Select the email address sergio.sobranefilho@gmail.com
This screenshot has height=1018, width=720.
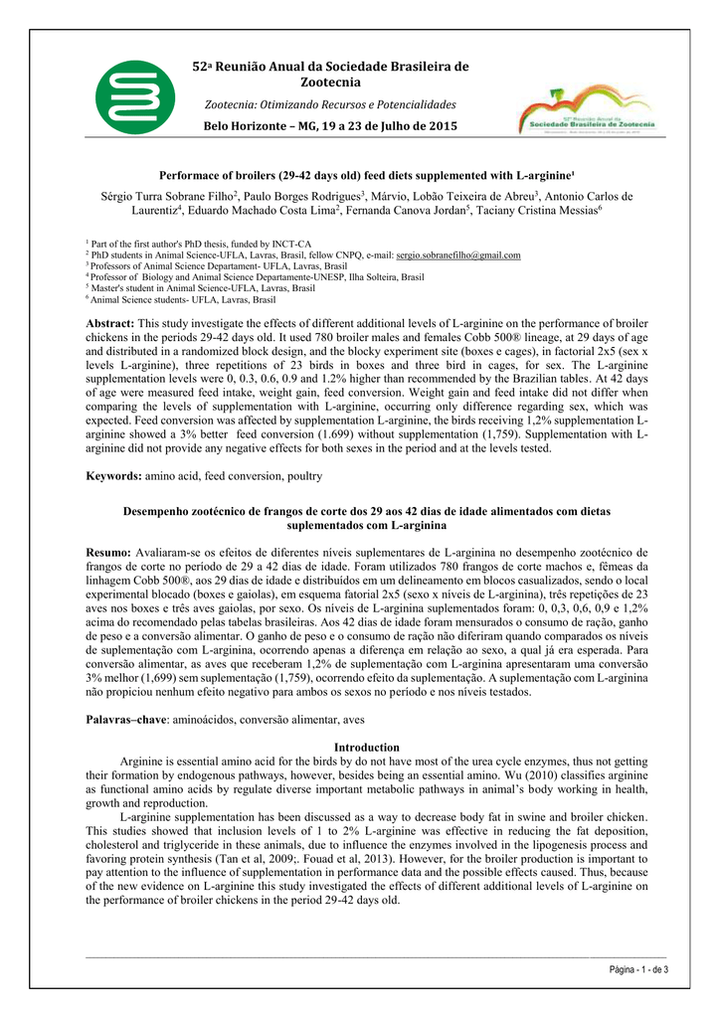pyautogui.click(x=458, y=255)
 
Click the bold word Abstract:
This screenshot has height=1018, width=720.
pyautogui.click(x=110, y=324)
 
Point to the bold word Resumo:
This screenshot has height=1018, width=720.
pyautogui.click(x=108, y=551)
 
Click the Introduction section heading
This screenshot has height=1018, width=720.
pyautogui.click(x=366, y=747)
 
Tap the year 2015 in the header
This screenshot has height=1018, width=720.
pyautogui.click(x=437, y=126)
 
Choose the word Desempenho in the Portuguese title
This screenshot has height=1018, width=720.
pyautogui.click(x=159, y=511)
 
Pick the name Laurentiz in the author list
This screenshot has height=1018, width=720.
pyautogui.click(x=154, y=211)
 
